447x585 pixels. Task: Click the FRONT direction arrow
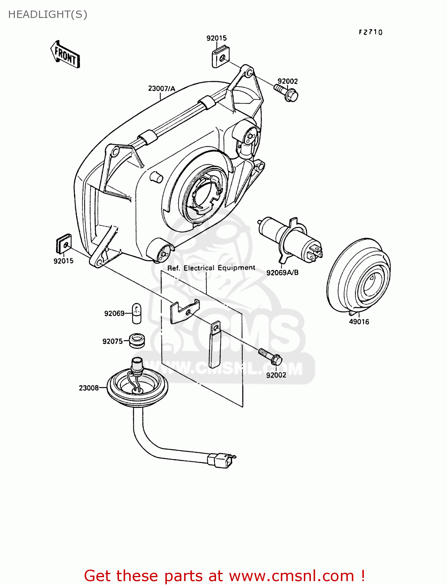click(65, 55)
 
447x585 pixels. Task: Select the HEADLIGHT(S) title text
click(48, 14)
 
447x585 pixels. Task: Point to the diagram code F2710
click(371, 32)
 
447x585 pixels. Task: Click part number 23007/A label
click(161, 89)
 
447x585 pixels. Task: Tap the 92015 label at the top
click(216, 38)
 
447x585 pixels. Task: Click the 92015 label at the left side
click(64, 261)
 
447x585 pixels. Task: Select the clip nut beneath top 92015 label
click(221, 57)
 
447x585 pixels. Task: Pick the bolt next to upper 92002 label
click(287, 93)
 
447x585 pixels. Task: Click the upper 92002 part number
click(287, 81)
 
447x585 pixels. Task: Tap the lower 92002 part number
click(276, 375)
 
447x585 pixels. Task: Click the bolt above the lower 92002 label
click(270, 357)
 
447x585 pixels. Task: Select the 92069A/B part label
click(282, 273)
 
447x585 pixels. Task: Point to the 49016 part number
click(359, 322)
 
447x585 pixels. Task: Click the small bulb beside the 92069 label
click(137, 313)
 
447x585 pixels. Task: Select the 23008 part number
click(89, 388)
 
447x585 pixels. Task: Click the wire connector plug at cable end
click(220, 460)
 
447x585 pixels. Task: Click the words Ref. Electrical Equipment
click(211, 268)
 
